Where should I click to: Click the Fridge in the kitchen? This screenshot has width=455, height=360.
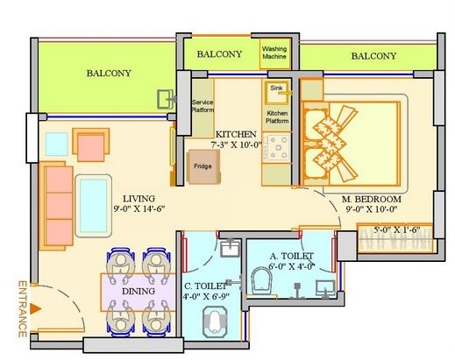pyautogui.click(x=203, y=166)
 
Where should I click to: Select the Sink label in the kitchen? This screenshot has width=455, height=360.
pyautogui.click(x=276, y=88)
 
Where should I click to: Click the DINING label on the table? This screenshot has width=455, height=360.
pyautogui.click(x=139, y=290)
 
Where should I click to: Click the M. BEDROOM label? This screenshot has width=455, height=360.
pyautogui.click(x=371, y=199)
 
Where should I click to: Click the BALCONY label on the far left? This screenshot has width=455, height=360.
pyautogui.click(x=109, y=74)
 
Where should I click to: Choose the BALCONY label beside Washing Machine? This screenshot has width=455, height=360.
pyautogui.click(x=219, y=54)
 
